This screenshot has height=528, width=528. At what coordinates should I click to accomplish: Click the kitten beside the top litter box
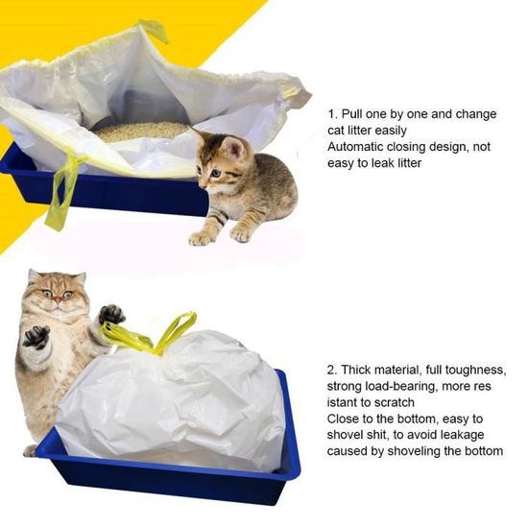click(245, 187)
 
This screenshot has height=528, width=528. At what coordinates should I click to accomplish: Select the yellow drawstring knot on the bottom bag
click(144, 339)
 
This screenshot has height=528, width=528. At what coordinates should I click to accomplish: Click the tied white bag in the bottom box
click(173, 398)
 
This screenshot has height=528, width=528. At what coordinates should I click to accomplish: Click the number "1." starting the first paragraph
click(333, 113)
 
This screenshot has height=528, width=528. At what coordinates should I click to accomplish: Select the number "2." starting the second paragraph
click(333, 370)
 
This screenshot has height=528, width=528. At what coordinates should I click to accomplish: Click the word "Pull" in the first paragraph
click(358, 113)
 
